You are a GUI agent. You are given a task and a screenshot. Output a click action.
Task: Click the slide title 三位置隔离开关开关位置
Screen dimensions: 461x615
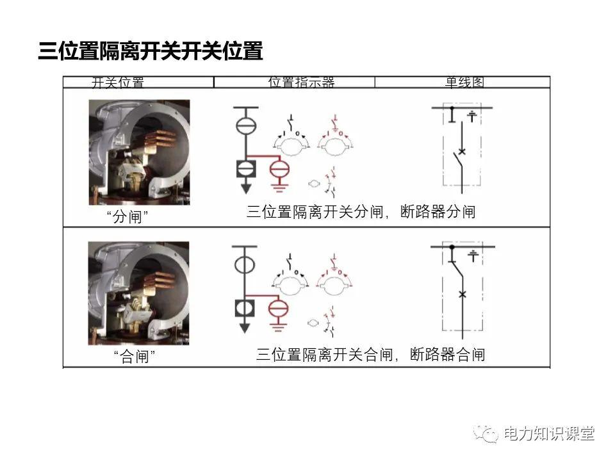151,51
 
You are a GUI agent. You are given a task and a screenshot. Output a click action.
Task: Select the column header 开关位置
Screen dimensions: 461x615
118,83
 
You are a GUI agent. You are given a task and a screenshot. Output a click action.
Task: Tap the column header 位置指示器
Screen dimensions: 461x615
301,83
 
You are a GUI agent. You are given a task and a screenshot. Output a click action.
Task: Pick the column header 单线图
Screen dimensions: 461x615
464,83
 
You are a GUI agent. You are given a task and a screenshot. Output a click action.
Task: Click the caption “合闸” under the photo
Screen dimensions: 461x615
134,357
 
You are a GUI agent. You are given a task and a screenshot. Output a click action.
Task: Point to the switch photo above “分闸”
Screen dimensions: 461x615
139,152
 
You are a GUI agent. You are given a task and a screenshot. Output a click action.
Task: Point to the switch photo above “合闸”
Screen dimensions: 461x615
138,293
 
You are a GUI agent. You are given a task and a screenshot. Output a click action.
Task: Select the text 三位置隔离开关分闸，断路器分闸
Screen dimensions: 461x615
361,212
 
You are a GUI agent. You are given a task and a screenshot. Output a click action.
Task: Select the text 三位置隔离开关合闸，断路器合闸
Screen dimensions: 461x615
370,354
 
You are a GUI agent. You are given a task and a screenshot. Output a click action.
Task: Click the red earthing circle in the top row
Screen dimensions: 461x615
279,169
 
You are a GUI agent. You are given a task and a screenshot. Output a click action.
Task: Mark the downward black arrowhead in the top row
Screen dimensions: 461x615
245,190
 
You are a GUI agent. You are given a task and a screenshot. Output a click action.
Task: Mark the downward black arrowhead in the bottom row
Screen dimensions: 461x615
244,328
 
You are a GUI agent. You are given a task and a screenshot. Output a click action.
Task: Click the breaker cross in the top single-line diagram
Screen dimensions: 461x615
461,151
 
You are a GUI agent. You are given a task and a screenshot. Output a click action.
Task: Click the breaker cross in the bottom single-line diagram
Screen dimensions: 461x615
463,294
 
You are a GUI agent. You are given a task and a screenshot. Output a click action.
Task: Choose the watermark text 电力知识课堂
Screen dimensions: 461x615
549,433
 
